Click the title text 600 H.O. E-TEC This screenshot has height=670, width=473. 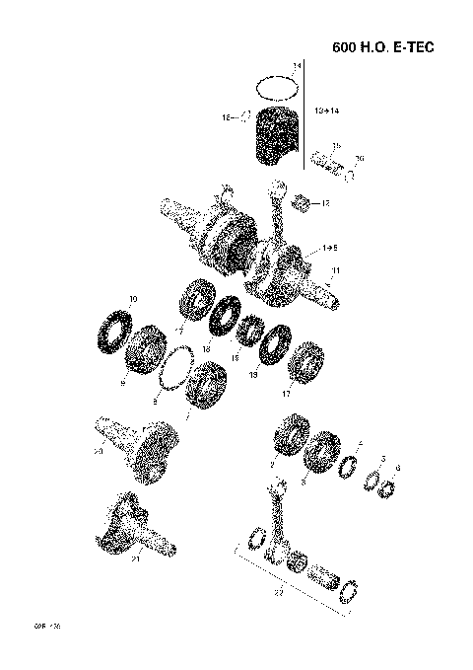pyautogui.click(x=382, y=47)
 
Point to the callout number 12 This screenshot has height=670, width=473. pyautogui.click(x=325, y=203)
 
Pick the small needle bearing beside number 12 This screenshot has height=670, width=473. pyautogui.click(x=304, y=204)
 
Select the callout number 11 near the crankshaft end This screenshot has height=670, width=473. pyautogui.click(x=336, y=270)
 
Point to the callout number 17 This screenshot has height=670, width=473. pyautogui.click(x=287, y=393)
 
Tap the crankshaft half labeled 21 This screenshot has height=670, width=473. pyautogui.click(x=130, y=528)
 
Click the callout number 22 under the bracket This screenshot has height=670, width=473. pyautogui.click(x=279, y=593)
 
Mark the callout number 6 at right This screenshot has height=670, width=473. pyautogui.click(x=397, y=467)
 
